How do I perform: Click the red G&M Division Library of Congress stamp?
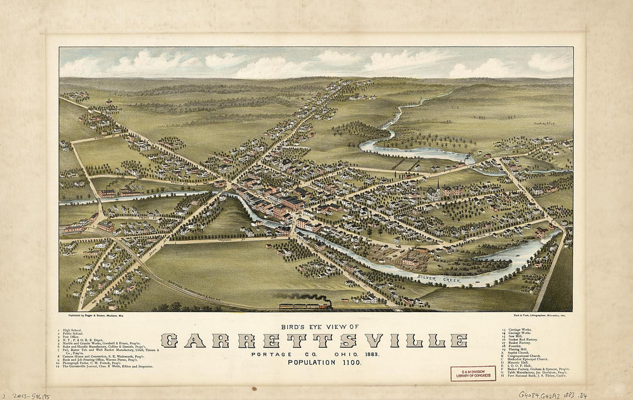click(x=472, y=374)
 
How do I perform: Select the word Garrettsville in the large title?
click(x=314, y=340)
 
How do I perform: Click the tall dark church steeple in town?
click(x=438, y=186)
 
